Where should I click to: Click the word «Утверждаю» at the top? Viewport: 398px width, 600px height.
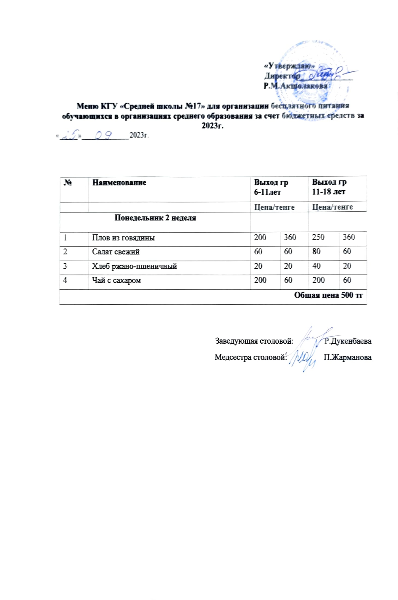(289, 66)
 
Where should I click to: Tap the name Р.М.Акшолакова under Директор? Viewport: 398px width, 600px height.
(295, 86)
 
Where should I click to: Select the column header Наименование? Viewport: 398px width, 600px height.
(119, 182)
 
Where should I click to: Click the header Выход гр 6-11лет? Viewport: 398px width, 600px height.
(271, 187)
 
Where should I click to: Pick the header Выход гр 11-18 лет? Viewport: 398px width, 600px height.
(329, 187)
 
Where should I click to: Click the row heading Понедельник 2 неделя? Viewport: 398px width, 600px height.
(155, 218)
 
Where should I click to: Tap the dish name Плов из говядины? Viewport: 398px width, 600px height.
(123, 238)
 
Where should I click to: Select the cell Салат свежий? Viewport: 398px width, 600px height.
(116, 252)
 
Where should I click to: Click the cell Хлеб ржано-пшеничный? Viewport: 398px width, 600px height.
(134, 266)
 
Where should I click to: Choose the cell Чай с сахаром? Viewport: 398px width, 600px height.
(116, 280)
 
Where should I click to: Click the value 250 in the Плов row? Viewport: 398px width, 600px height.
(318, 237)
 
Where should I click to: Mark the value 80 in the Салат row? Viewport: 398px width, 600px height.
(316, 251)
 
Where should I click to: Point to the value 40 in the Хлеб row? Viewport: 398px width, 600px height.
(316, 266)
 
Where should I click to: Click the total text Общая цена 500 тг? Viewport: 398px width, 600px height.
(328, 295)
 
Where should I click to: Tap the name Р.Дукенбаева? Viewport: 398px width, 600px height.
(348, 341)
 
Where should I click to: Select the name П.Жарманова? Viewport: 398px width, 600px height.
(348, 357)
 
